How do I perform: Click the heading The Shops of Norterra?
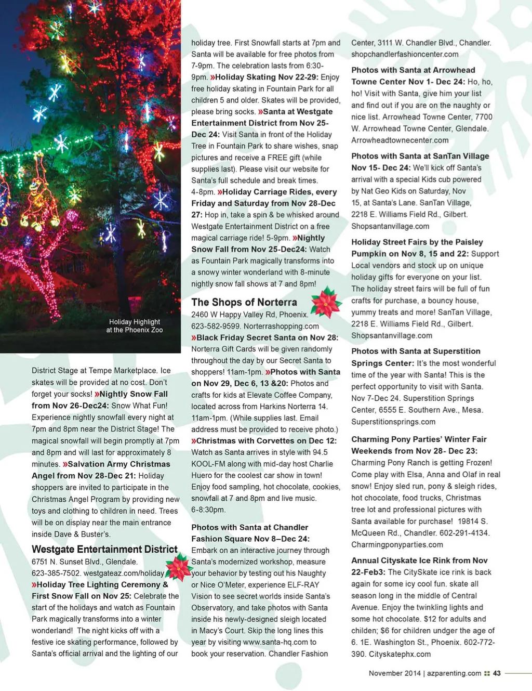[x=244, y=302]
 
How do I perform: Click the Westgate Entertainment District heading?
[x=104, y=549]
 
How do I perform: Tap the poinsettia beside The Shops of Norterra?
[x=326, y=302]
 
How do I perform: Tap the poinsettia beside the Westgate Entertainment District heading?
[x=178, y=567]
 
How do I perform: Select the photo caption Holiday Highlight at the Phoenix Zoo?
[x=135, y=325]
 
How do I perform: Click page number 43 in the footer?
[x=497, y=673]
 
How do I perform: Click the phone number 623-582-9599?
[x=215, y=326]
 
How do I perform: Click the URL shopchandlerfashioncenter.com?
[x=405, y=54]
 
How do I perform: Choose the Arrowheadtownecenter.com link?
[x=400, y=140]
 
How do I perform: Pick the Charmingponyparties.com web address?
[x=397, y=544]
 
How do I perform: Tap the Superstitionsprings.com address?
[x=393, y=422]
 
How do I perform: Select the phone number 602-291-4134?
[x=465, y=532]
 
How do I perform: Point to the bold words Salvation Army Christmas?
[x=119, y=464]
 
